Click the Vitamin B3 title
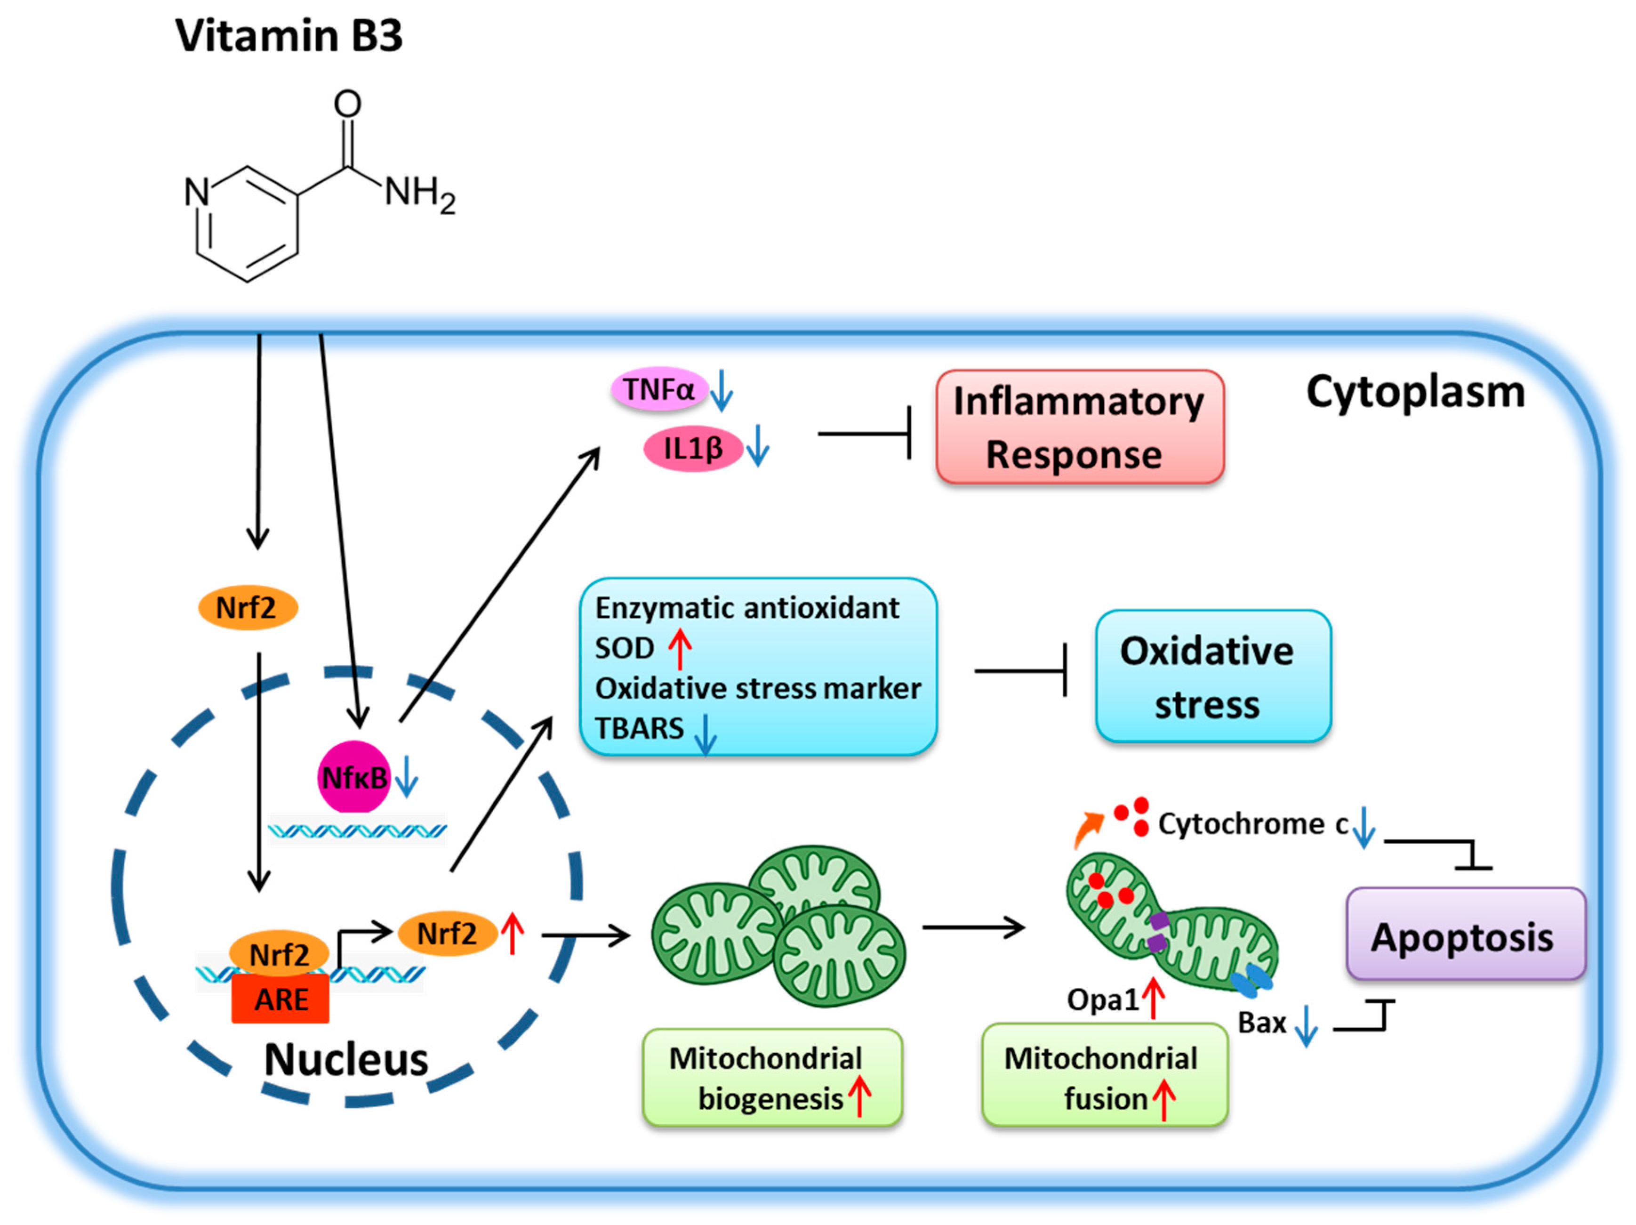click(x=289, y=35)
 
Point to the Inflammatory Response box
click(x=1079, y=427)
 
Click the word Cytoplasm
click(x=1415, y=392)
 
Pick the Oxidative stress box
click(x=1213, y=676)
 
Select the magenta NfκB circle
click(x=353, y=777)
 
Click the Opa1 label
click(x=1102, y=1000)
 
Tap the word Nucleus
click(x=346, y=1059)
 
